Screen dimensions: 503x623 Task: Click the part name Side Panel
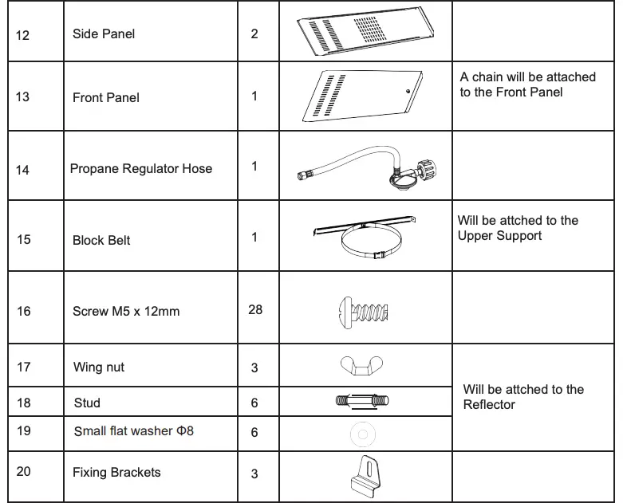click(x=104, y=34)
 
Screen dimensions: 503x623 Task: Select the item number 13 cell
click(x=22, y=97)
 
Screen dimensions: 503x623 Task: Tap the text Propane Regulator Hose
click(x=141, y=168)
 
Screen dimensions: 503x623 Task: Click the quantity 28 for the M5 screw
click(x=254, y=309)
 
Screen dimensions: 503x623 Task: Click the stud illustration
click(x=363, y=401)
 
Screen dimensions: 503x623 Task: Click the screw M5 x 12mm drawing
click(x=361, y=311)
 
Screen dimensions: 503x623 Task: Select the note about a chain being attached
click(x=527, y=84)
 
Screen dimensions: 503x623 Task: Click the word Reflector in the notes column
click(x=489, y=405)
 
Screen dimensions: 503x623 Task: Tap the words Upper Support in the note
click(x=499, y=236)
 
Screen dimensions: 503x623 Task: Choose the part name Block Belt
click(x=101, y=240)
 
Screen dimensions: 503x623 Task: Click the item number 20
click(x=23, y=471)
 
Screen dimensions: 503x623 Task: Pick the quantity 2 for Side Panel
click(x=254, y=33)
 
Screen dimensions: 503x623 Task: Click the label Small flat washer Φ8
click(x=133, y=431)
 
